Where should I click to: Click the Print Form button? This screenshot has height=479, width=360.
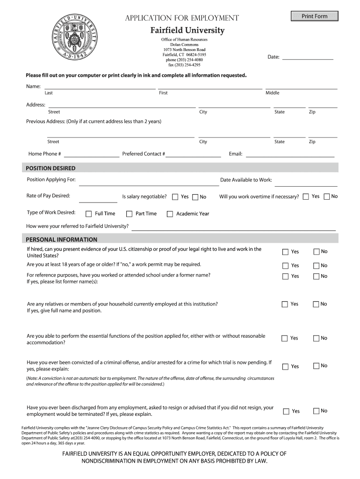pyautogui.click(x=314, y=16)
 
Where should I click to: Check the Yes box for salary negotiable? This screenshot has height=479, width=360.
pyautogui.click(x=175, y=197)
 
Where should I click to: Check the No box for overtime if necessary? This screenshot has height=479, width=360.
pyautogui.click(x=327, y=196)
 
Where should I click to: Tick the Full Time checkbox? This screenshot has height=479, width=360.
pyautogui.click(x=89, y=214)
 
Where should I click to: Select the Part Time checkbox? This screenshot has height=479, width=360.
pyautogui.click(x=130, y=214)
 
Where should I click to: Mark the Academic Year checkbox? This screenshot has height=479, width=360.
pyautogui.click(x=170, y=214)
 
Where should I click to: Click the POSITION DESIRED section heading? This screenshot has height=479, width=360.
pyautogui.click(x=51, y=168)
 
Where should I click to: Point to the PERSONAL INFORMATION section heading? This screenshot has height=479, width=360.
pyautogui.click(x=62, y=239)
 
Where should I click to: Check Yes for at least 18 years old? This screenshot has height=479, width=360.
pyautogui.click(x=285, y=265)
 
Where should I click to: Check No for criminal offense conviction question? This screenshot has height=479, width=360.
pyautogui.click(x=316, y=366)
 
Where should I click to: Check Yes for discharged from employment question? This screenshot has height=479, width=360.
pyautogui.click(x=286, y=411)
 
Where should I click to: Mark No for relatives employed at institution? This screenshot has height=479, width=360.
pyautogui.click(x=316, y=304)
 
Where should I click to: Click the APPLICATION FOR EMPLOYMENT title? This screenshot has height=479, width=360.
pyautogui.click(x=182, y=18)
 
